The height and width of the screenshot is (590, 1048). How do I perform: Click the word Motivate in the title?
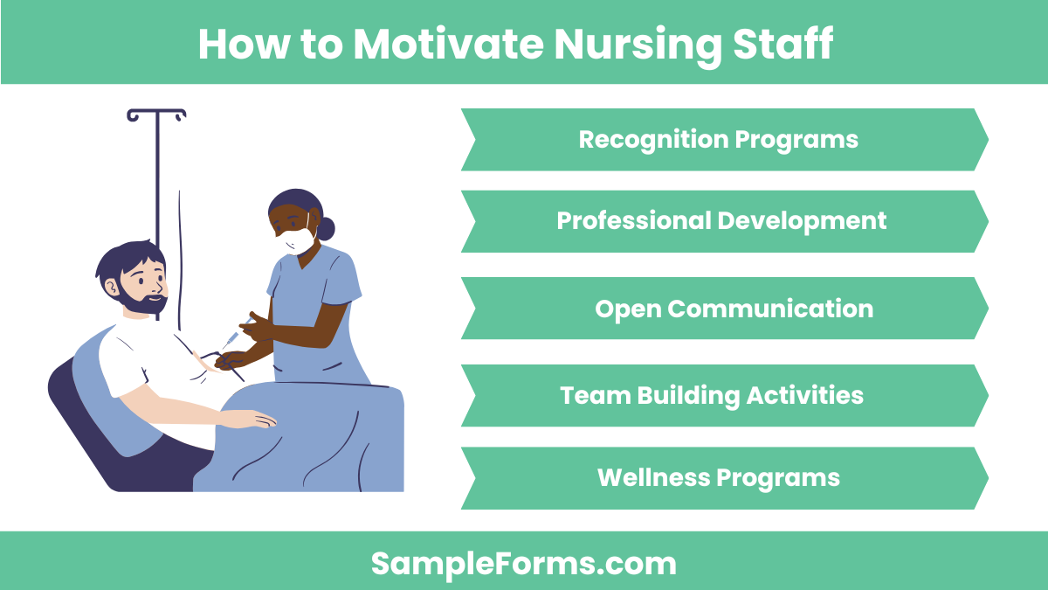[x=445, y=44]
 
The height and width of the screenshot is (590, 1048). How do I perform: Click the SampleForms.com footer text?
[x=524, y=564]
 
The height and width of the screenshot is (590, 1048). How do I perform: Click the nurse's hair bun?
[x=326, y=229]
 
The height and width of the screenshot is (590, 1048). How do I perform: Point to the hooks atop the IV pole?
[x=156, y=115]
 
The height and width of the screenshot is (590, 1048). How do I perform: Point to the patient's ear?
[x=114, y=285]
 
